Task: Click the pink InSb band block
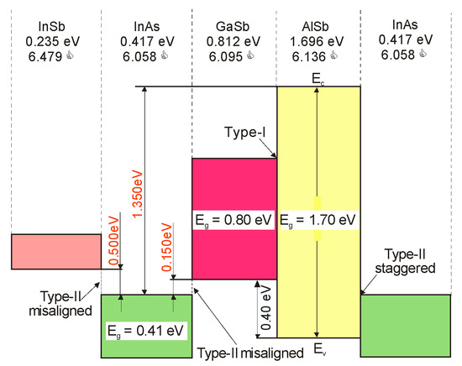tap(55, 252)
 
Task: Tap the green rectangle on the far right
tap(409, 325)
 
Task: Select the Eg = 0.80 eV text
tap(234, 222)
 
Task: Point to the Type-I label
tap(244, 134)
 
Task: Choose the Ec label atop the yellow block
tap(318, 78)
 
